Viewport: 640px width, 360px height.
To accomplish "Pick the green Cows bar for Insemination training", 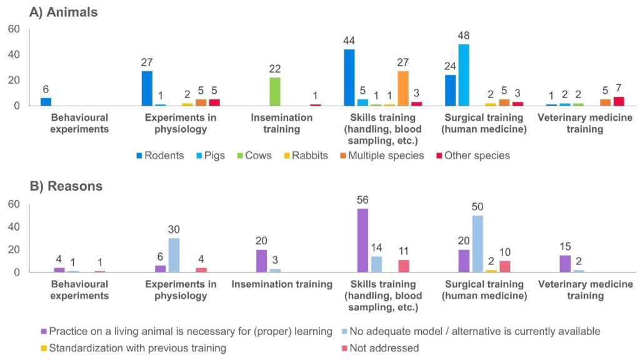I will point(274,91).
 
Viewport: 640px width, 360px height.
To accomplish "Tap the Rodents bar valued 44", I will point(349,77).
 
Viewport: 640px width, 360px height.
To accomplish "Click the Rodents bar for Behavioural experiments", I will point(46,102).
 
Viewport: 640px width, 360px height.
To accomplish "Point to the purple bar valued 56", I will point(362,241).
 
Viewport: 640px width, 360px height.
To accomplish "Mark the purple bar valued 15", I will point(565,264).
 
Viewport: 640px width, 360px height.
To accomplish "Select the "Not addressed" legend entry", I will point(384,347).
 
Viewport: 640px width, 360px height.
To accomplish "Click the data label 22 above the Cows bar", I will point(274,68).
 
